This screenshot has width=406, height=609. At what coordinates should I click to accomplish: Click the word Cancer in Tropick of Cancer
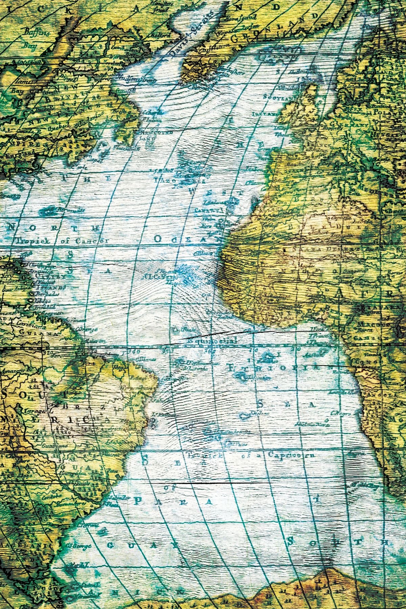(x=92, y=241)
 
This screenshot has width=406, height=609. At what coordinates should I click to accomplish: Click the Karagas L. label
(x=37, y=410)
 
